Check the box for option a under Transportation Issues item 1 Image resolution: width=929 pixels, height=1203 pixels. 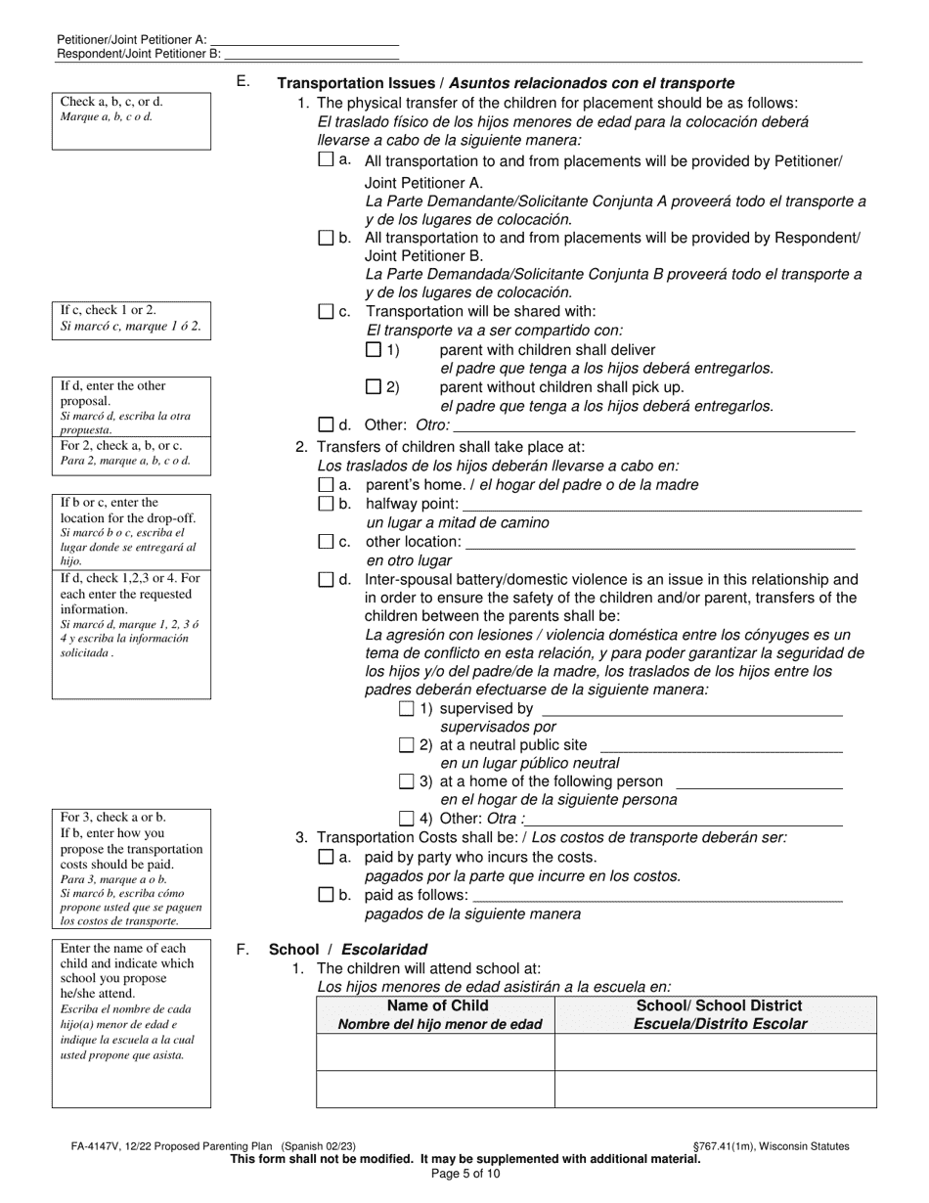pyautogui.click(x=327, y=160)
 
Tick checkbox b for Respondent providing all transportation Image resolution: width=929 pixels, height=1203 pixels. pyautogui.click(x=327, y=238)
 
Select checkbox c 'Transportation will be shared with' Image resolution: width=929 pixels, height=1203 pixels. pyautogui.click(x=327, y=312)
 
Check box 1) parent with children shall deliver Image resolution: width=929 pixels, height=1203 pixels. pyautogui.click(x=373, y=349)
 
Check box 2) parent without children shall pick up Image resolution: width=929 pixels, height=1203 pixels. pyautogui.click(x=373, y=386)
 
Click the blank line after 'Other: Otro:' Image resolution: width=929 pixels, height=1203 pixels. pyautogui.click(x=653, y=424)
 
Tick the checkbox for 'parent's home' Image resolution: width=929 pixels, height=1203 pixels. pyautogui.click(x=327, y=484)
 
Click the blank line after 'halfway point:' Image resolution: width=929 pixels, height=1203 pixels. pyautogui.click(x=661, y=504)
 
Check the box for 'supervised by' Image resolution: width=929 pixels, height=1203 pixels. pyautogui.click(x=407, y=708)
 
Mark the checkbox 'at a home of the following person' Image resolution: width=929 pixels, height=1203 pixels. pyautogui.click(x=407, y=781)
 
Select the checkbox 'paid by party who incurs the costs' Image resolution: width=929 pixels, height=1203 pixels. pyautogui.click(x=327, y=857)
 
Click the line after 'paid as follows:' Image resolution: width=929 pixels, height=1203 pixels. pyautogui.click(x=657, y=894)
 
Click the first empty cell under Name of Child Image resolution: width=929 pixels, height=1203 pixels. pyautogui.click(x=436, y=1052)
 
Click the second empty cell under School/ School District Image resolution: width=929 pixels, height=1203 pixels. pyautogui.click(x=716, y=1089)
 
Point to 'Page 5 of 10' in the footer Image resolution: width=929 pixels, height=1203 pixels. pyautogui.click(x=464, y=1174)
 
